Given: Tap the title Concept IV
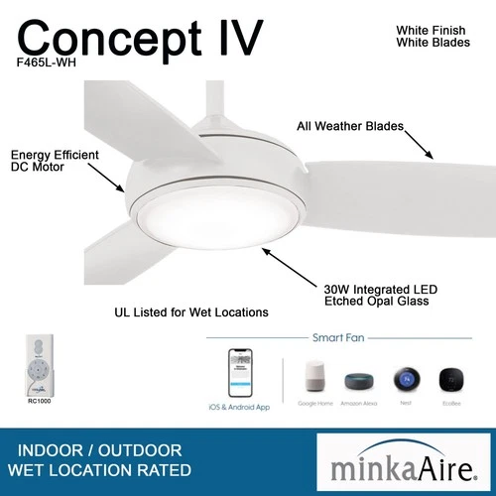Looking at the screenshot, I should tap(141, 37).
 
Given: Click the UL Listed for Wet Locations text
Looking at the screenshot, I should tap(191, 311).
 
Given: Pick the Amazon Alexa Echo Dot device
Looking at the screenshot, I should tap(360, 382).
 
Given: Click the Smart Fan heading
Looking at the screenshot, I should tap(337, 337).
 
